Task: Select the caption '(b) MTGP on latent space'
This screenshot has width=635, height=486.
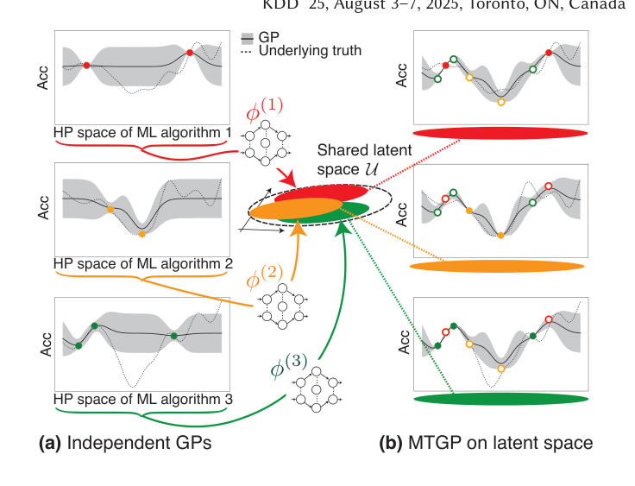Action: coord(486,443)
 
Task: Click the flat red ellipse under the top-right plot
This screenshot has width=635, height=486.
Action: coord(500,134)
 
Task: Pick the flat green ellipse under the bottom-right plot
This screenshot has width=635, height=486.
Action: coord(500,399)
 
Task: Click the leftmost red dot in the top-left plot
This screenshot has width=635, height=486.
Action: coord(86,65)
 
